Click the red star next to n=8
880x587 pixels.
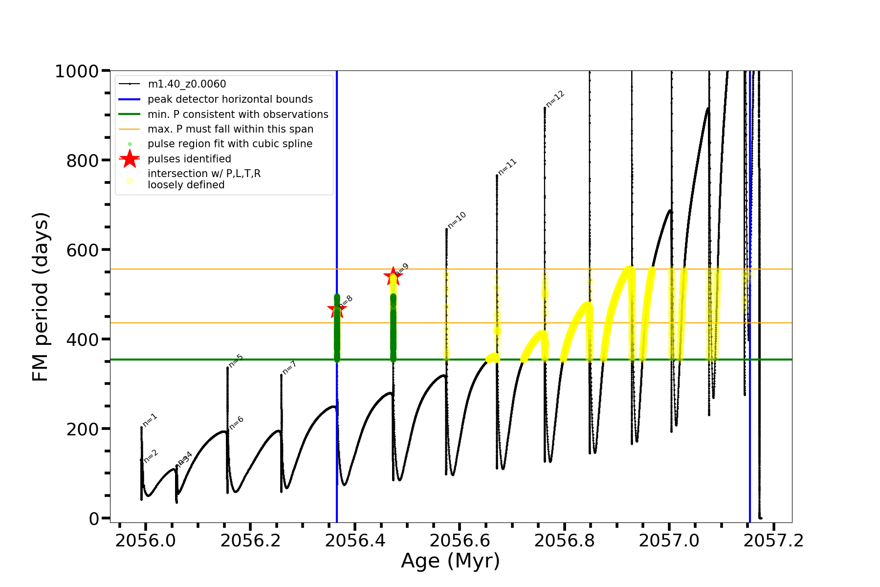coord(336,309)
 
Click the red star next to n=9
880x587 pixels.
coord(393,276)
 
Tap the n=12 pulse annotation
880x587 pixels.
coord(555,99)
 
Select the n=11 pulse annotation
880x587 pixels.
coord(507,167)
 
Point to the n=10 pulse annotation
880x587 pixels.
coord(457,220)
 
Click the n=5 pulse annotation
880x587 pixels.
coord(236,361)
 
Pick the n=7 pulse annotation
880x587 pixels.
coord(289,368)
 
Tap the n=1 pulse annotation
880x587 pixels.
coord(150,420)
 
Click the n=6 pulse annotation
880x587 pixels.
coord(236,423)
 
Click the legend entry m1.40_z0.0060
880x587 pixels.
coord(187,84)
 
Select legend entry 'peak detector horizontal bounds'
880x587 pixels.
coord(230,99)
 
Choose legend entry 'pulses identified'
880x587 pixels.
coord(189,159)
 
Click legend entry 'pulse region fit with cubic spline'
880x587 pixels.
coord(230,144)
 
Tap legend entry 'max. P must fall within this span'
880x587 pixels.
coord(230,129)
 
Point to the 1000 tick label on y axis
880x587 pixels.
coord(77,71)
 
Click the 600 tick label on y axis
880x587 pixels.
coord(83,250)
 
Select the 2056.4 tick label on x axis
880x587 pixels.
coord(355,541)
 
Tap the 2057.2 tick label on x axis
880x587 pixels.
coord(773,541)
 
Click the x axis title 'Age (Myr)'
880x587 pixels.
coord(450,561)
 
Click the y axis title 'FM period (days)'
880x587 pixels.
coord(41,296)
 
